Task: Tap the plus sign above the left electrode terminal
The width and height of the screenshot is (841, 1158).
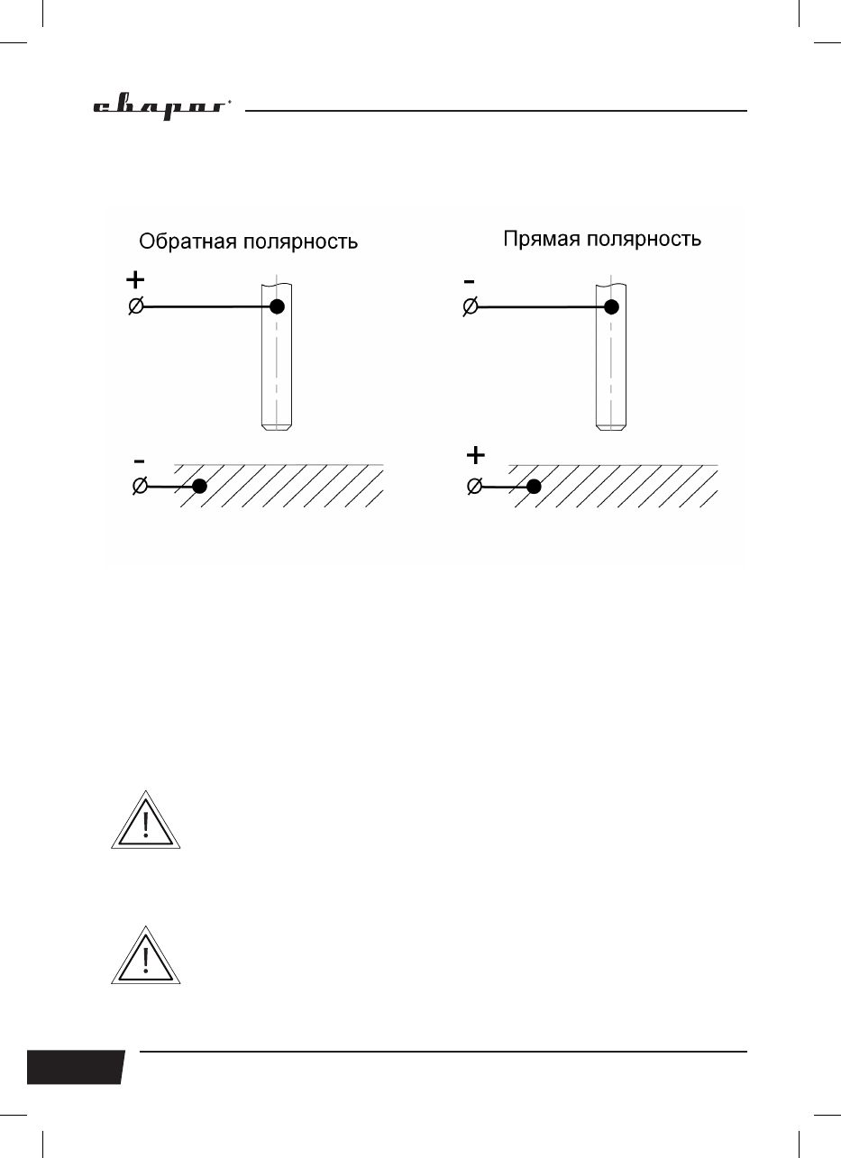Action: click(134, 279)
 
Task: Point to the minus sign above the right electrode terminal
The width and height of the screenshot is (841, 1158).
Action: click(469, 281)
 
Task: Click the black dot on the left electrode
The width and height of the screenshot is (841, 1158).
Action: click(278, 306)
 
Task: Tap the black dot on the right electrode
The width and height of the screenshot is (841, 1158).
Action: click(611, 306)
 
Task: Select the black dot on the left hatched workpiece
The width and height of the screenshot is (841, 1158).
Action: click(200, 487)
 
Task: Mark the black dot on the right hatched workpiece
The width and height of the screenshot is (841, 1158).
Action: click(534, 487)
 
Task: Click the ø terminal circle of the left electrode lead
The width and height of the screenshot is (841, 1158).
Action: click(135, 307)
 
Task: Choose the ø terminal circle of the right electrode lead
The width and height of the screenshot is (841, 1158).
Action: click(471, 307)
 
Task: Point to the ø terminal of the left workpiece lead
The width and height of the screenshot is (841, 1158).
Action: click(140, 487)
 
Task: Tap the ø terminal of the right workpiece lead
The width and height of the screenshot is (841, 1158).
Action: click(474, 487)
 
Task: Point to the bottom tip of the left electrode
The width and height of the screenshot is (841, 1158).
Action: click(276, 426)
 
